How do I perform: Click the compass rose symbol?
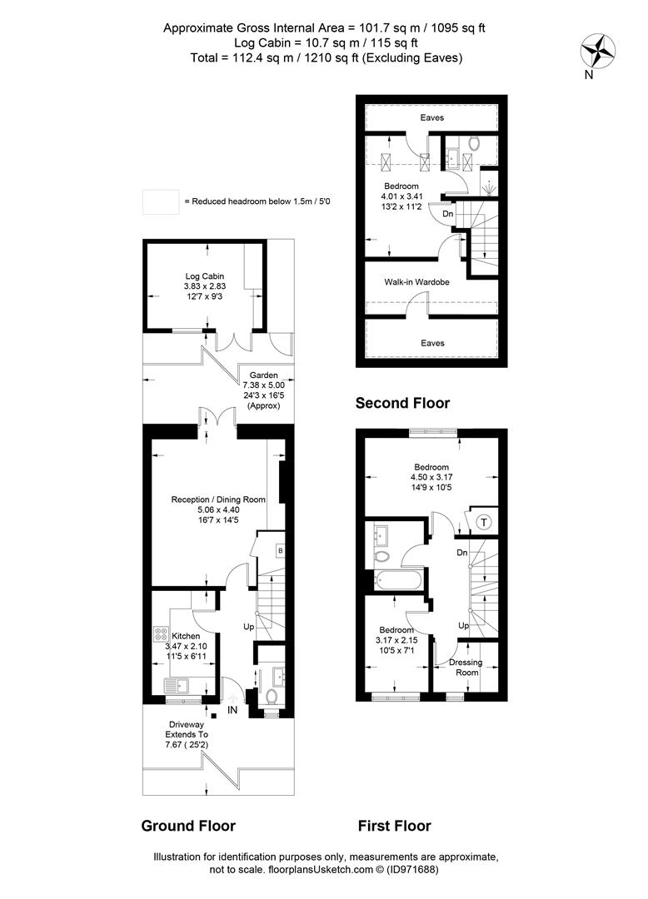597,51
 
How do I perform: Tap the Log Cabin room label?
204,276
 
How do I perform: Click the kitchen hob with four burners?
161,633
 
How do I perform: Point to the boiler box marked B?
280,551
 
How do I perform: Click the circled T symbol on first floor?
485,522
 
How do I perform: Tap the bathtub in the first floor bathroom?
399,580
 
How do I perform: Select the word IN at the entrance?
232,710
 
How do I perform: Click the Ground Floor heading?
188,826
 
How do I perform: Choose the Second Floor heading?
402,403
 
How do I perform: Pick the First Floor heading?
395,826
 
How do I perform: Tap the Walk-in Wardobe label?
417,281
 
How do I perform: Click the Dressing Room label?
466,668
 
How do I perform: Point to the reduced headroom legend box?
161,201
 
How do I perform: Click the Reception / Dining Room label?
218,499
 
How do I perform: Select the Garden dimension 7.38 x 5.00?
264,385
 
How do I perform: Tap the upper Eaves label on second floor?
431,117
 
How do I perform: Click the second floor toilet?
474,143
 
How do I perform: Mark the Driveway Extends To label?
187,729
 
